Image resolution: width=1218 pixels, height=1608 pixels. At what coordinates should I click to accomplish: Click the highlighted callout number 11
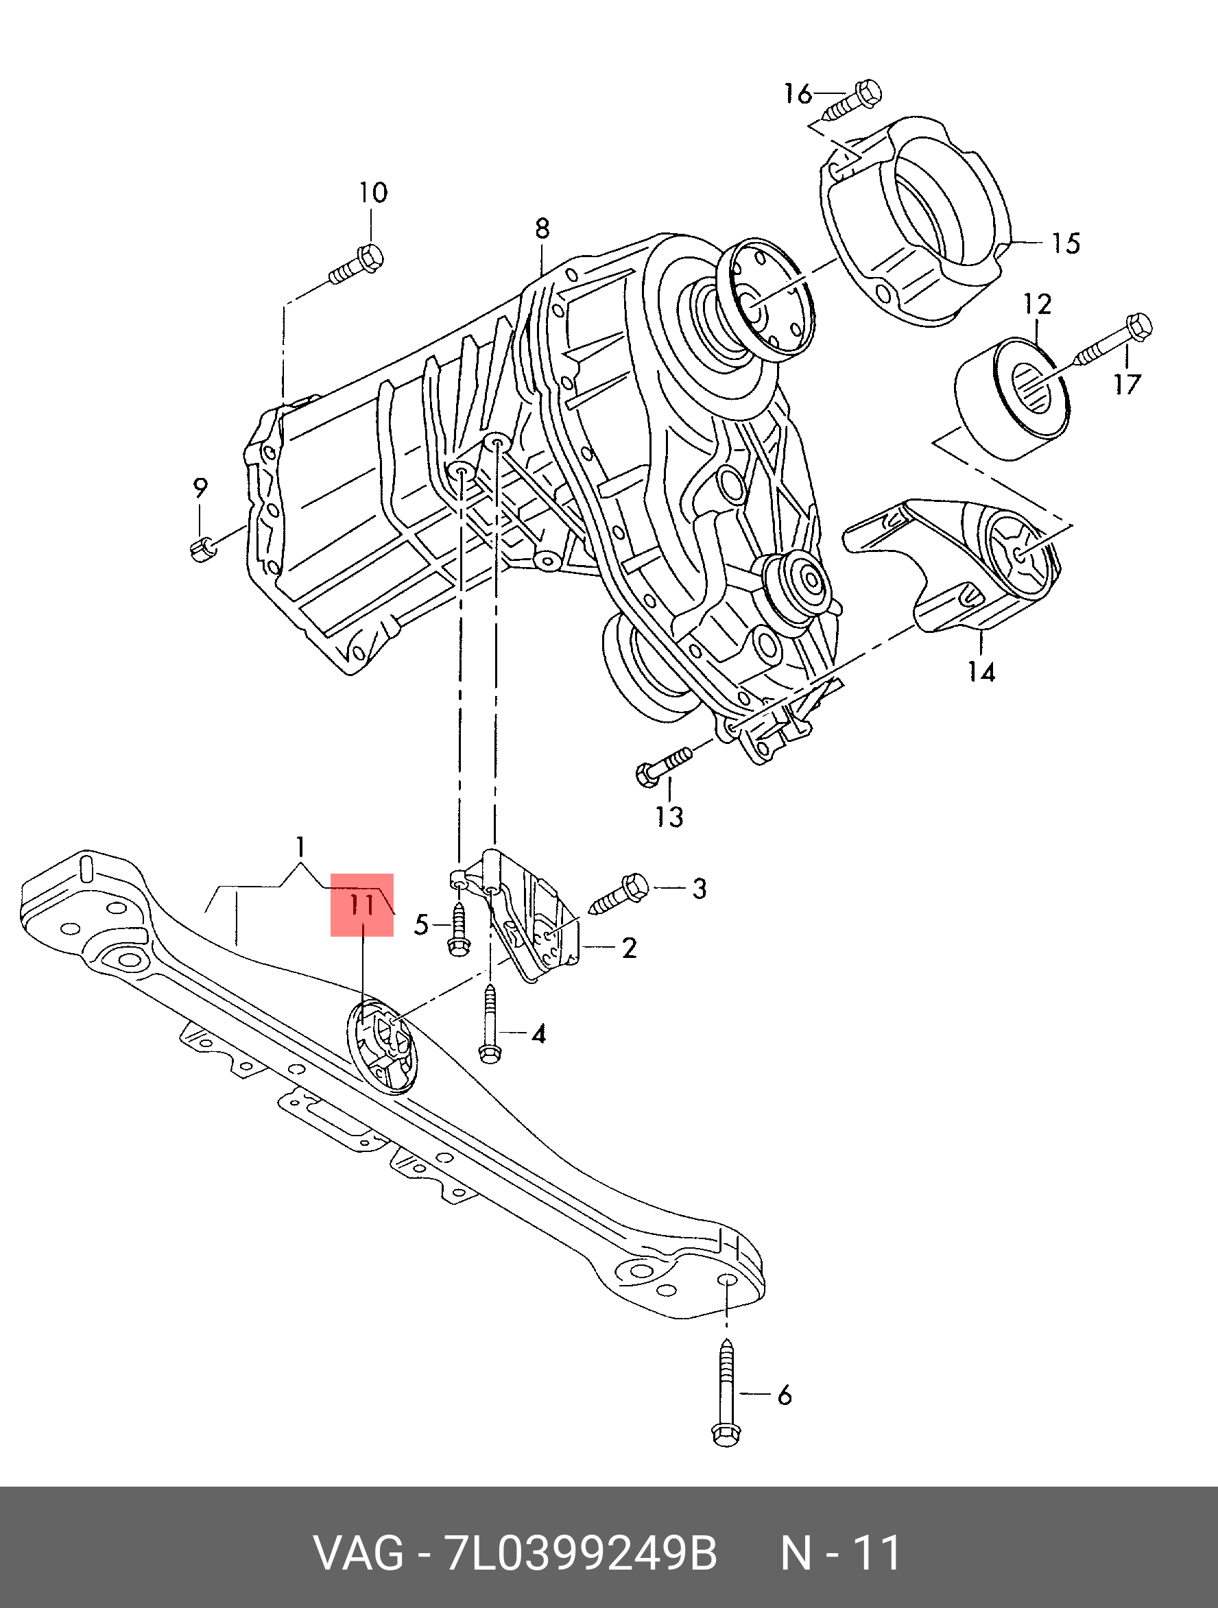361,904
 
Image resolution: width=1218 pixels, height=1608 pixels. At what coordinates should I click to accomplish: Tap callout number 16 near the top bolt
797,94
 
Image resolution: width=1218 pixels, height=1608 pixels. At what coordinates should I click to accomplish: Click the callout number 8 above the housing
542,229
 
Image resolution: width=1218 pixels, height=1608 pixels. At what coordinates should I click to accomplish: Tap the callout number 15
1066,243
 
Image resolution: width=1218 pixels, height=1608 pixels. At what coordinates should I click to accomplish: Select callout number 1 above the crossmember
300,846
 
